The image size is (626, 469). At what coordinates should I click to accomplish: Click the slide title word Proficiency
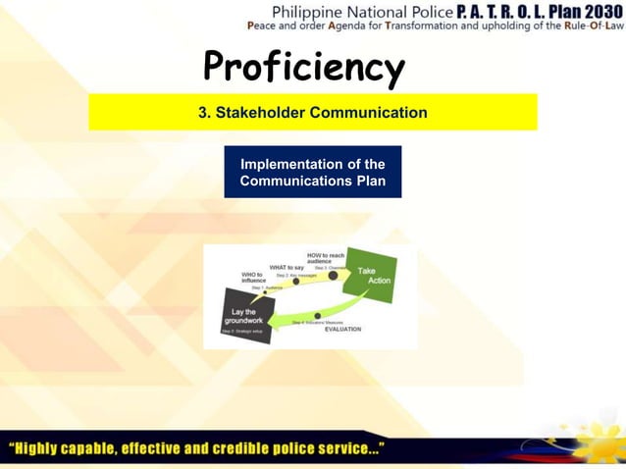303,67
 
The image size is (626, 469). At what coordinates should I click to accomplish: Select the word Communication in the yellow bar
368,113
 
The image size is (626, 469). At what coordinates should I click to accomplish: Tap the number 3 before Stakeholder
203,113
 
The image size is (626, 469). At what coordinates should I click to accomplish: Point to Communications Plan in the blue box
312,181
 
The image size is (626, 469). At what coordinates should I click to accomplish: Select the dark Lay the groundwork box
241,316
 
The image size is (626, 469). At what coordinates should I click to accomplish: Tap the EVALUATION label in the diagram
342,330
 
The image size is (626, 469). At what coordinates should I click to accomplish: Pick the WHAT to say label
287,267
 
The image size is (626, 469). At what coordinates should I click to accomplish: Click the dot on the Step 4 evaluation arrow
318,316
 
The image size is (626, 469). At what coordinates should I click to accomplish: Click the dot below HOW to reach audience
334,276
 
